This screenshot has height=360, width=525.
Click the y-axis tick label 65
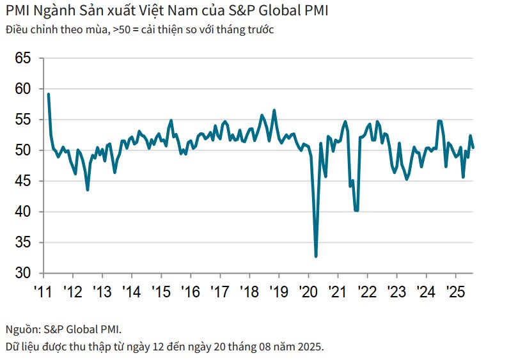(x=23, y=59)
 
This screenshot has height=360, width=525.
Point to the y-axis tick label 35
(x=23, y=243)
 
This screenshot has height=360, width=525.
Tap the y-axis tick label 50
(x=23, y=151)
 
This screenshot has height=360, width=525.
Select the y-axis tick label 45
(x=23, y=182)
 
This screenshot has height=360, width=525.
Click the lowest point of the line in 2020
(x=316, y=256)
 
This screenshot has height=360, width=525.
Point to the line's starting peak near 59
(x=49, y=95)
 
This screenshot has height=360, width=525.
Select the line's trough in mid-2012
(x=88, y=189)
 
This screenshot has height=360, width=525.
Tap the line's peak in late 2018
(x=274, y=110)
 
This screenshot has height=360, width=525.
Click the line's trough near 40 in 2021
(x=356, y=210)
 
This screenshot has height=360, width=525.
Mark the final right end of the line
(x=473, y=148)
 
